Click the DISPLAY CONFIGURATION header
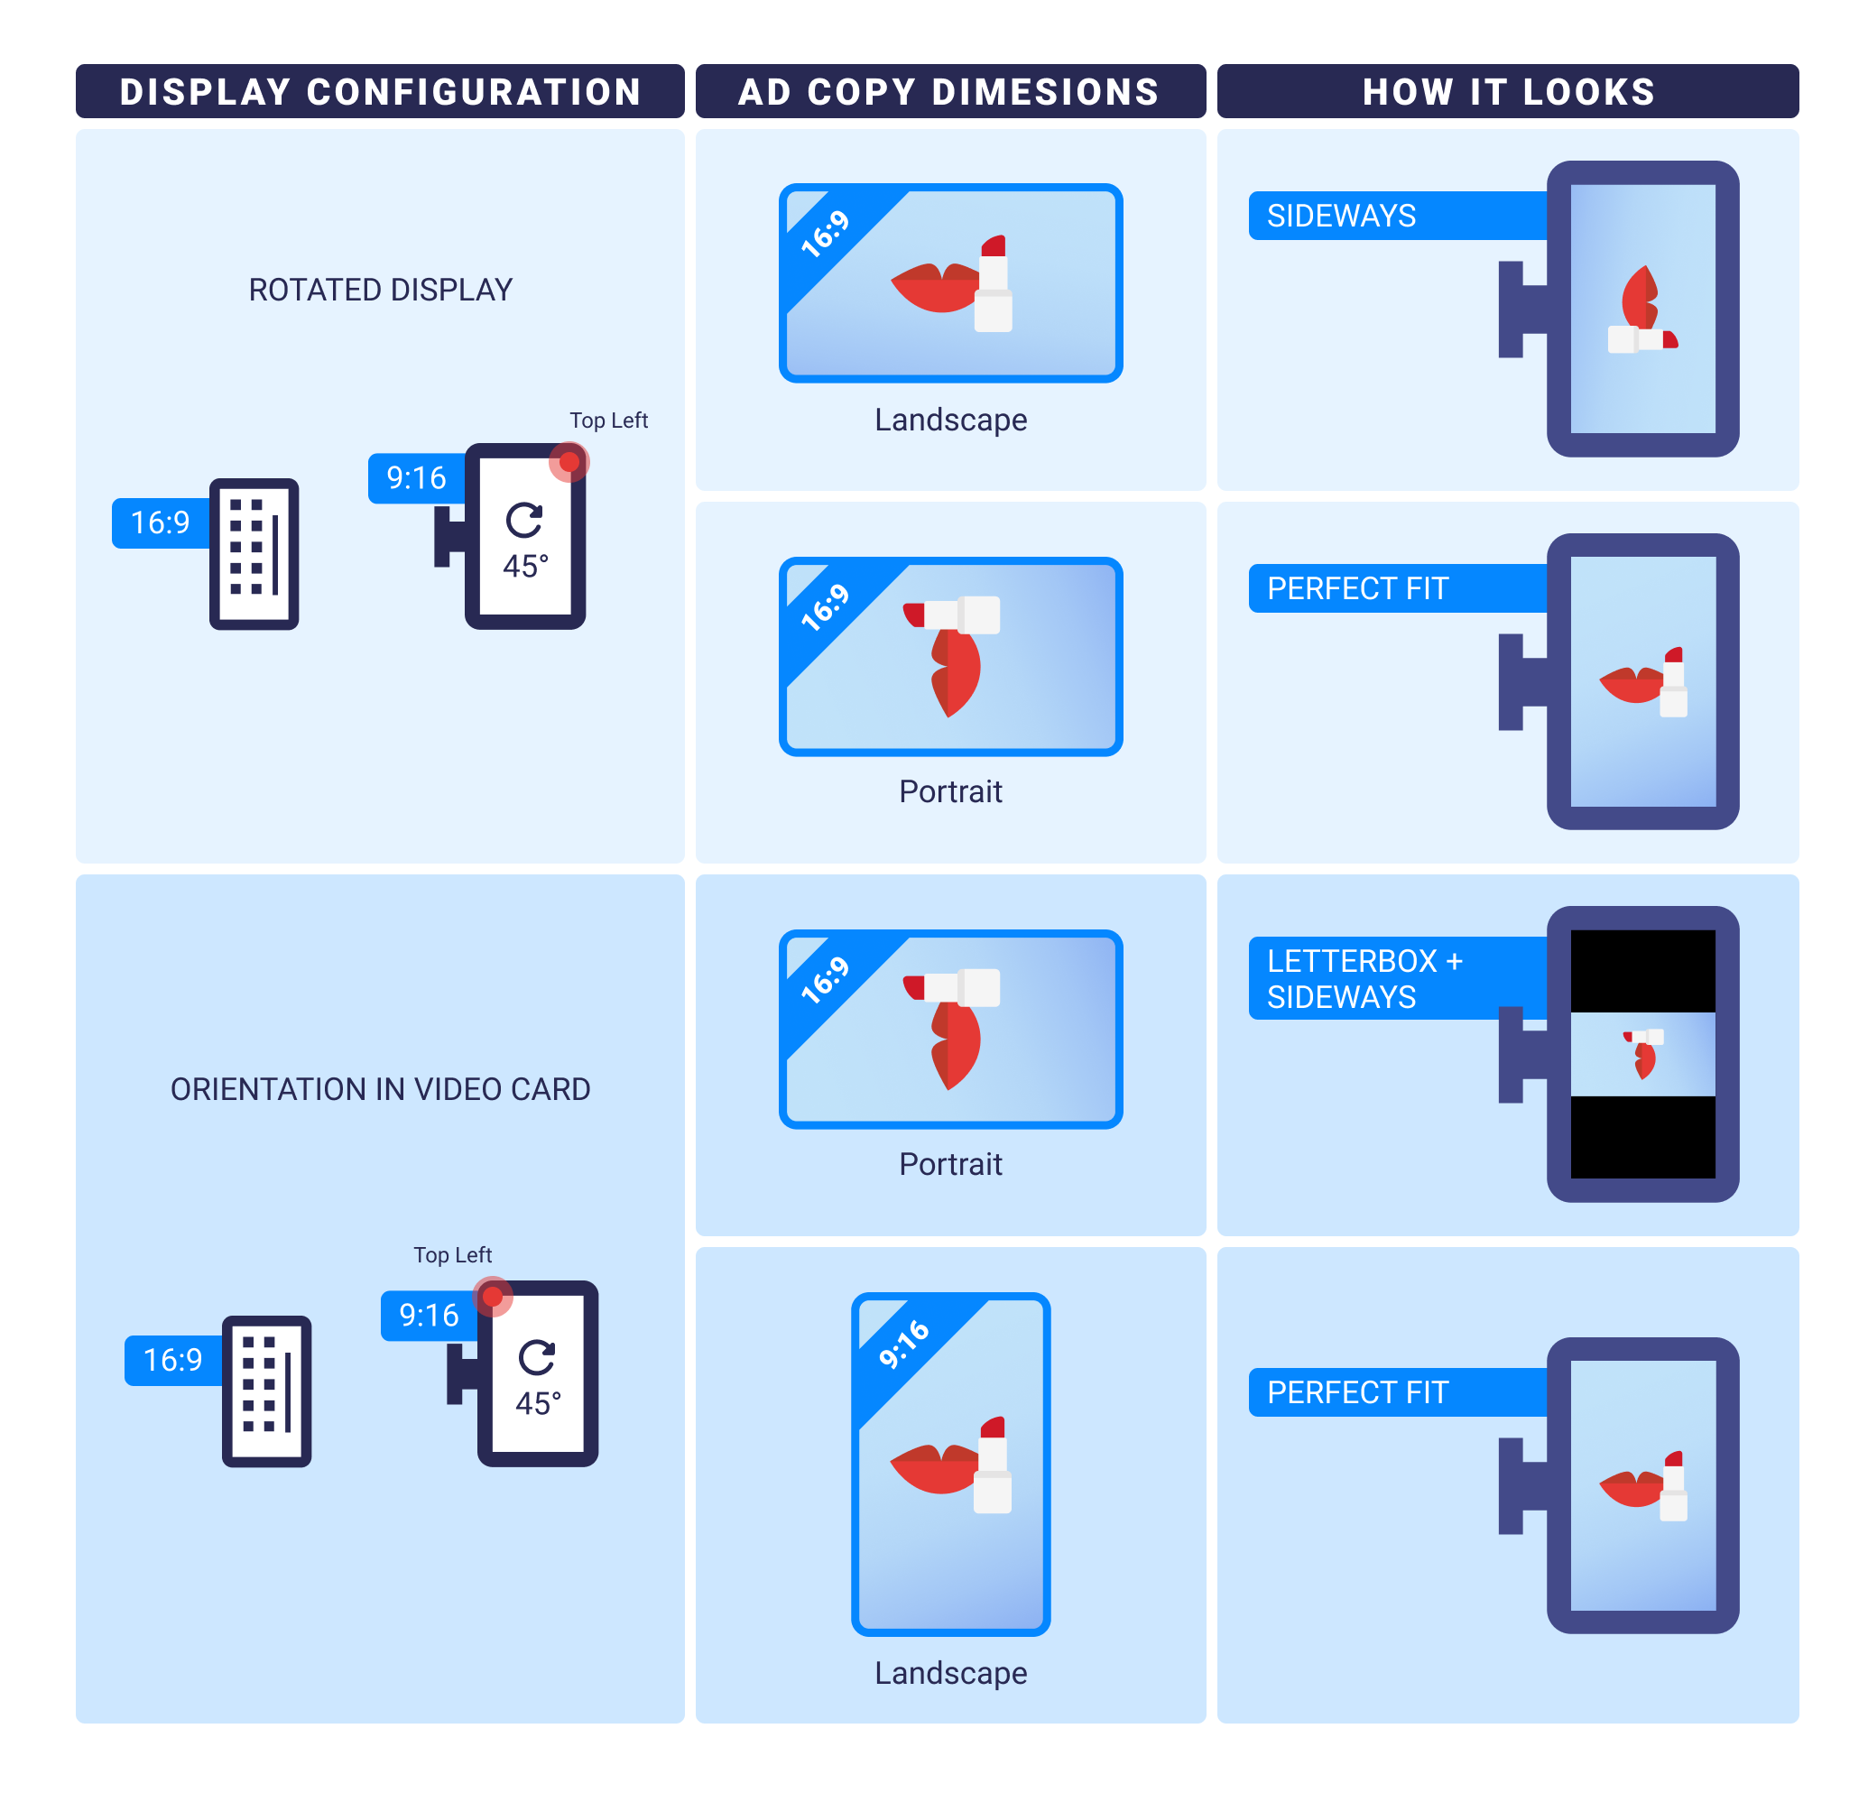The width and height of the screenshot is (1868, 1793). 379,91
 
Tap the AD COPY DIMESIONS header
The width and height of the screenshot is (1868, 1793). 949,91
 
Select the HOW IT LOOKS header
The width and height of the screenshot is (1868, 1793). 1508,91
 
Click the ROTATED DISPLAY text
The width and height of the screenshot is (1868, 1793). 380,290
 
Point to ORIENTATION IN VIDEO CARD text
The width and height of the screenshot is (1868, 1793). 380,1088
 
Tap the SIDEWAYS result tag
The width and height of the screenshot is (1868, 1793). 1341,217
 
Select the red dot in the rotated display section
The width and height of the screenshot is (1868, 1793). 569,462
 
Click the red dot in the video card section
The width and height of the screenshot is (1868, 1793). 493,1297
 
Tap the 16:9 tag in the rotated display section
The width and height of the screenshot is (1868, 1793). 160,522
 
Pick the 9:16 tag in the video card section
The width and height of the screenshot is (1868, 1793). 429,1316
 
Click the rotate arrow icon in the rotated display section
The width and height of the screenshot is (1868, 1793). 524,521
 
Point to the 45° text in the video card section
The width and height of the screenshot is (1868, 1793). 539,1403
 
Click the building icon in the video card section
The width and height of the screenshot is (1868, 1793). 267,1391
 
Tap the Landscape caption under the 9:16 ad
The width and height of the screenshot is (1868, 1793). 950,1673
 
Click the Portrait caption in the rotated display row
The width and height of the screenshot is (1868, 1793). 950,791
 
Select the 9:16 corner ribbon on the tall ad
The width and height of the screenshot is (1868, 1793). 903,1344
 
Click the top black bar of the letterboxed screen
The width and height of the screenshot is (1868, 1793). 1642,970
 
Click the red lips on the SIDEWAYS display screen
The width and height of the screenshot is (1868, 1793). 1640,298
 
